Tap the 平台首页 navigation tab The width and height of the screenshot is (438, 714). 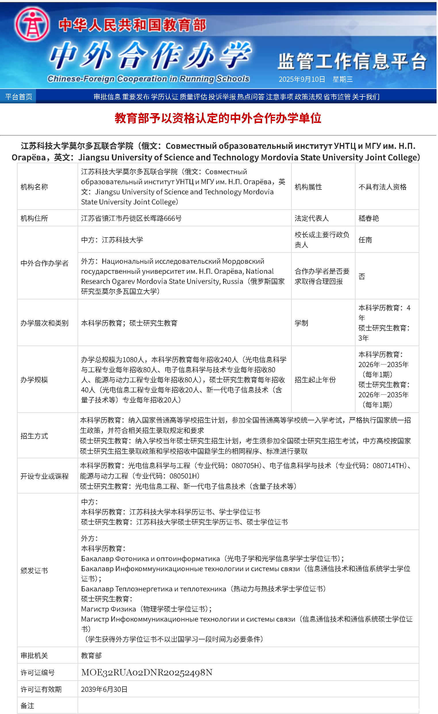pyautogui.click(x=19, y=97)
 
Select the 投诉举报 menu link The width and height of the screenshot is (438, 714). pyautogui.click(x=222, y=97)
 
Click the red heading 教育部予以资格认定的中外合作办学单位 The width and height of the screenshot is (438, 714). pyautogui.click(x=218, y=118)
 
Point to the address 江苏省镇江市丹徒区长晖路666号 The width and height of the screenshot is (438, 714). pyautogui.click(x=132, y=219)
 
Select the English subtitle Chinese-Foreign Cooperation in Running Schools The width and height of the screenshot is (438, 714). pyautogui.click(x=149, y=79)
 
